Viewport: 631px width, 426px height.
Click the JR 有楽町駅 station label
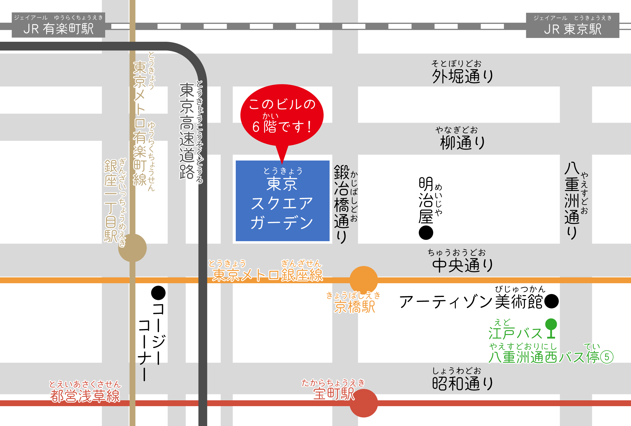pos(58,25)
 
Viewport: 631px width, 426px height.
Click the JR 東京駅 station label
pos(573,25)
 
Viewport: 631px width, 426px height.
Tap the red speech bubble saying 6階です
pos(282,115)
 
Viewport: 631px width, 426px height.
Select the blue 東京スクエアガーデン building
pos(282,201)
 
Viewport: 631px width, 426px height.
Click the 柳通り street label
pos(462,143)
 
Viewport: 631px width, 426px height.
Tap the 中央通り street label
pos(462,265)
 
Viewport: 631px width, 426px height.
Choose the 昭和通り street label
pos(462,383)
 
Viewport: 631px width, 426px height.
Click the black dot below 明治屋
pos(426,233)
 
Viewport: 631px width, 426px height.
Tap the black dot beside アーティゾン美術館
pos(552,301)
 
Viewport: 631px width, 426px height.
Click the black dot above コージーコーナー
pos(158,293)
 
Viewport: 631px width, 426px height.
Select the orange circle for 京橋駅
pos(364,280)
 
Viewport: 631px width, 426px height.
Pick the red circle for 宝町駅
pos(364,403)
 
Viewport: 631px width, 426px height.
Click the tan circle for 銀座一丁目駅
pos(132,248)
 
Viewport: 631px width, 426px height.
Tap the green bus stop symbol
pos(551,328)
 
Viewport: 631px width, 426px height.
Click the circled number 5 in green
pos(607,357)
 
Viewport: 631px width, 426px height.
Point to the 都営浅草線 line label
pos(85,396)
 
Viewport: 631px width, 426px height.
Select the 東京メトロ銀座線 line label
pos(267,275)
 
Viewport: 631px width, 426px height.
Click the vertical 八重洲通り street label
pos(572,201)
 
